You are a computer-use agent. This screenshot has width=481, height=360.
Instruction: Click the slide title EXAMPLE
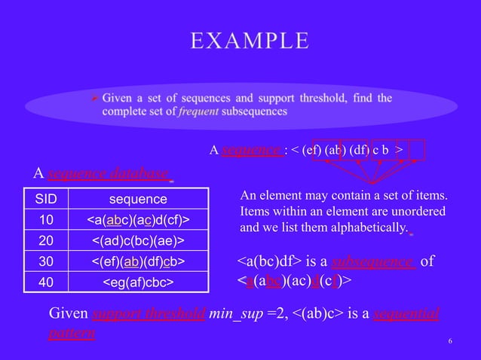click(x=249, y=41)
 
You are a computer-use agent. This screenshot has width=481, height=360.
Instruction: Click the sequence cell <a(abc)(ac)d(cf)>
click(x=138, y=219)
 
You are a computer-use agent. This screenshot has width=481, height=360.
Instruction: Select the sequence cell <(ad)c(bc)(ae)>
click(x=138, y=240)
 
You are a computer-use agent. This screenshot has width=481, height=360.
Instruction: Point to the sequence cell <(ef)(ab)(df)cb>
click(x=138, y=261)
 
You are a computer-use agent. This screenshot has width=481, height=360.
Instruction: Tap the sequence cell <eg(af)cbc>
click(x=138, y=282)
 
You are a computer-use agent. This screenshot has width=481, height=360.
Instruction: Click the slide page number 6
click(x=449, y=343)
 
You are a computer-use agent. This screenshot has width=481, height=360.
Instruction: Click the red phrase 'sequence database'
click(x=108, y=174)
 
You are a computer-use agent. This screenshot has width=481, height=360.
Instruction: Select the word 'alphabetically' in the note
click(x=367, y=226)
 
